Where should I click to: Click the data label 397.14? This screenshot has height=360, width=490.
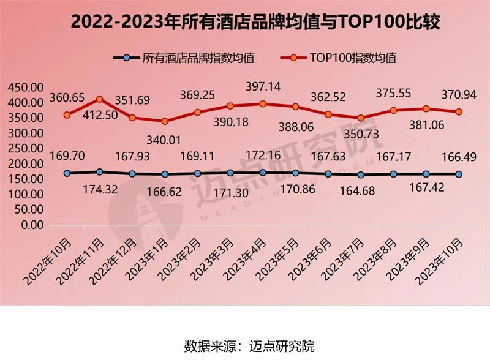(263, 87)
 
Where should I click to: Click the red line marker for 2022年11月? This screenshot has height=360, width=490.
(100, 99)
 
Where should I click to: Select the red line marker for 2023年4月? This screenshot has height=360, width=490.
(263, 103)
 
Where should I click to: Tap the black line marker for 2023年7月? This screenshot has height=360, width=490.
(361, 174)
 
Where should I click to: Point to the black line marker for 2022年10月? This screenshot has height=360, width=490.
(67, 173)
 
